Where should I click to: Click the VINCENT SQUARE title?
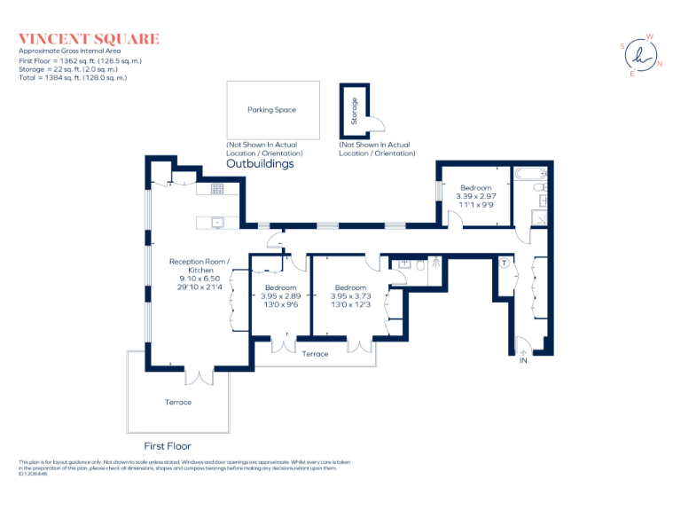tap(89, 38)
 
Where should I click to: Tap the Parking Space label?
tap(272, 110)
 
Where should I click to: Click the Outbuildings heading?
tap(260, 164)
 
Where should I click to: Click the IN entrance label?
tap(523, 361)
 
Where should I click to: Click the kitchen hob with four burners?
tap(215, 188)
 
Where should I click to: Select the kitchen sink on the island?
tap(215, 222)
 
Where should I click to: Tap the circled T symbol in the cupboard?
tap(503, 263)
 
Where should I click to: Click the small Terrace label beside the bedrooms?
tap(315, 354)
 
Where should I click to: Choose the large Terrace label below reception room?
tap(177, 402)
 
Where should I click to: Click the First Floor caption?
tap(168, 446)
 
